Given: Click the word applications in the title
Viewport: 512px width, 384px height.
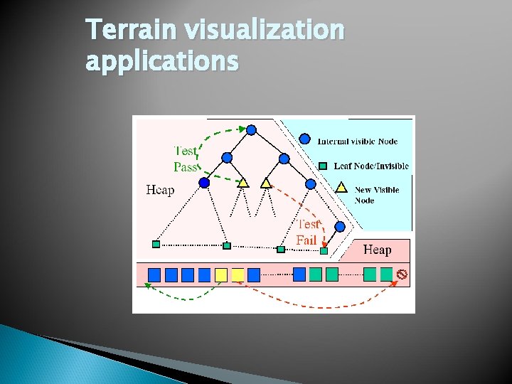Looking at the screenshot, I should click(x=161, y=63).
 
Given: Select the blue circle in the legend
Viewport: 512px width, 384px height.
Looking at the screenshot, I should click(x=304, y=139).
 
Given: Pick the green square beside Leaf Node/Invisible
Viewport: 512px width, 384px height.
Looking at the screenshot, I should click(x=322, y=166).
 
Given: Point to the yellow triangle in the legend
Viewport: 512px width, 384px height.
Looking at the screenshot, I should click(x=341, y=188).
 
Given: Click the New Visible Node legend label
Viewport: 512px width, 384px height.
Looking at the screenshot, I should click(x=377, y=195).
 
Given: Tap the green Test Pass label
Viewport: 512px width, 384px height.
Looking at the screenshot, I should click(x=186, y=159).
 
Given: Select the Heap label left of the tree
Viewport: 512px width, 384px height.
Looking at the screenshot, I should click(x=161, y=190).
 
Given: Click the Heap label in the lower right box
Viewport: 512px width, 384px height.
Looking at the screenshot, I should click(x=377, y=250).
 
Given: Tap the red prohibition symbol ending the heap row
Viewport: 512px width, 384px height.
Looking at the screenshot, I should click(x=402, y=274).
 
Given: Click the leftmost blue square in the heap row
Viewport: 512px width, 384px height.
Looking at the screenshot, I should click(x=154, y=274).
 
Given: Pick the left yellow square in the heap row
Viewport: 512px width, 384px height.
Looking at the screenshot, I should click(x=221, y=274).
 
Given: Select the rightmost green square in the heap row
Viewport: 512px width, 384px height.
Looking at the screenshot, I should click(x=386, y=274).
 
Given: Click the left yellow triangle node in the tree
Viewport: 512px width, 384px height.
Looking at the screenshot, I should click(x=243, y=183).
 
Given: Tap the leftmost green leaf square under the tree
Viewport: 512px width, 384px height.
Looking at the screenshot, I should click(x=156, y=245).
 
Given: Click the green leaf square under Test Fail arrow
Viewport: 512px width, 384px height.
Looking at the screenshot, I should click(x=324, y=250).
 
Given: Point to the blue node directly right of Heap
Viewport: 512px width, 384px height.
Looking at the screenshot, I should click(x=205, y=183).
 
